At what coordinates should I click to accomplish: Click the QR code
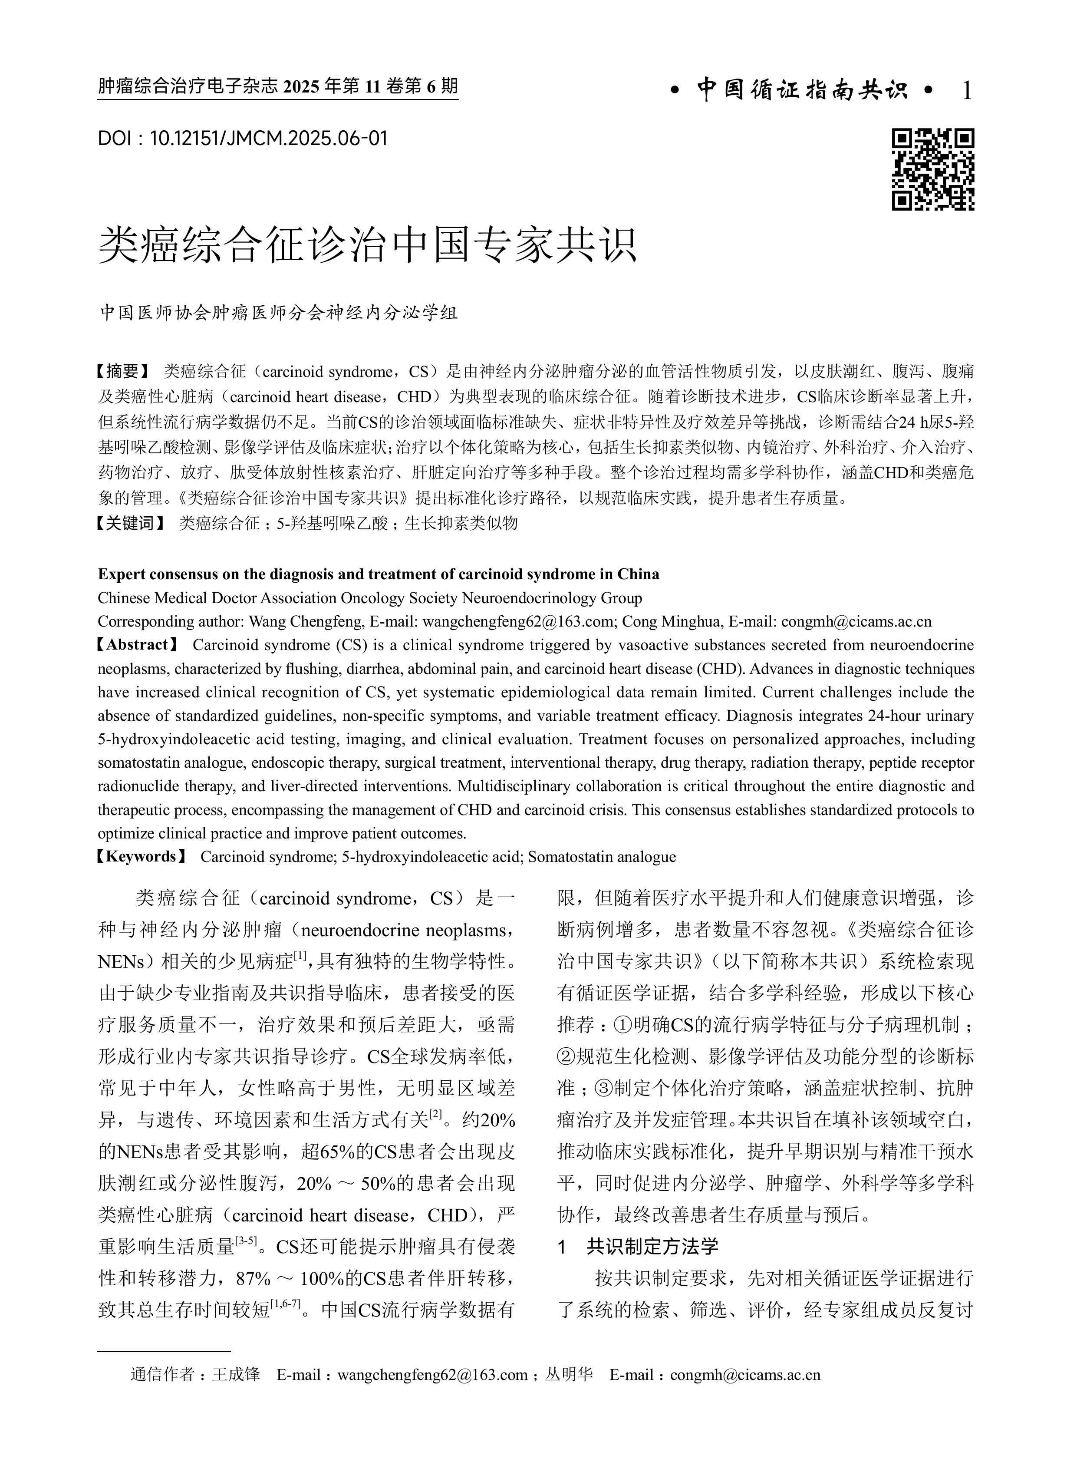(x=933, y=169)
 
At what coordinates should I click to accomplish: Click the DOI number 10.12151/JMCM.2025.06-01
(x=269, y=138)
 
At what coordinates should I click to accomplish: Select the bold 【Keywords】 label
(x=141, y=856)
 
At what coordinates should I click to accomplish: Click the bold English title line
(x=378, y=574)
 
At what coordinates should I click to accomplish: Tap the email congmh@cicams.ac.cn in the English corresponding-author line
(x=856, y=621)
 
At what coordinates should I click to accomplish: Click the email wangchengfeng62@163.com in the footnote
(x=433, y=1375)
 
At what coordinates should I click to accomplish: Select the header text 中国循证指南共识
(x=802, y=90)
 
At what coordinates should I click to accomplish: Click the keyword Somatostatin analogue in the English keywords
(x=602, y=856)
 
